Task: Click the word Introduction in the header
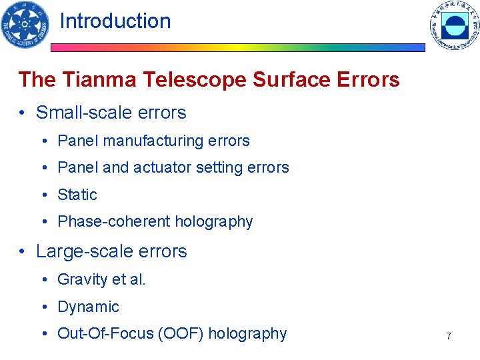coord(115,21)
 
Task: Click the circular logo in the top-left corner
coord(25,24)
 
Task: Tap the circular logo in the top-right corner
coord(454,25)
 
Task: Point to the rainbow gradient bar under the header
coord(238,48)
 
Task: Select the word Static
coord(77,195)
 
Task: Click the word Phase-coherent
coord(110,221)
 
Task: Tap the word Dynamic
coord(88,307)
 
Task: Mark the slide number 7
coord(449,336)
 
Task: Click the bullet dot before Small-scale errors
coord(23,113)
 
